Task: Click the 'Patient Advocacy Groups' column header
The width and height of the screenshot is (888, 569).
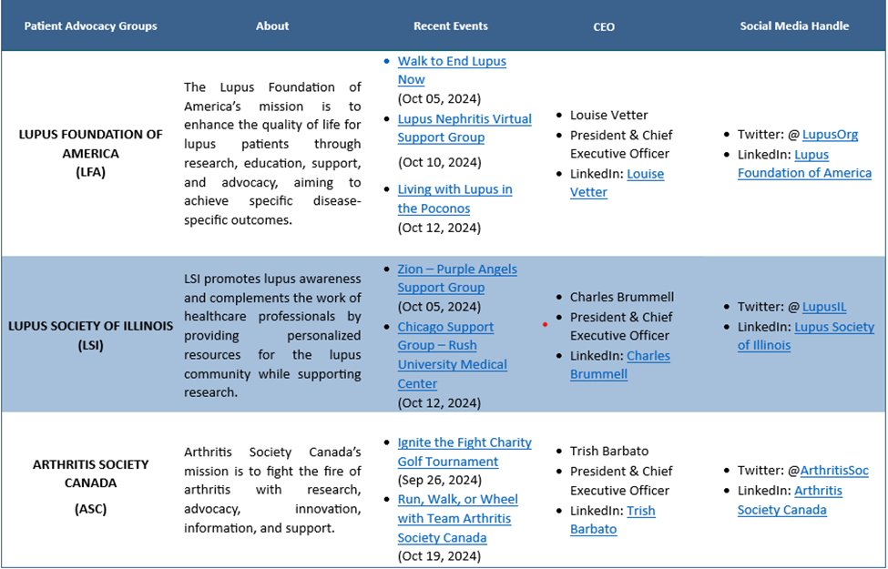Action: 90,25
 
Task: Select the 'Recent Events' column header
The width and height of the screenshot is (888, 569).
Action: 450,25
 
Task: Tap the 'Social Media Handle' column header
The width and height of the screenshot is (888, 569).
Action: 794,25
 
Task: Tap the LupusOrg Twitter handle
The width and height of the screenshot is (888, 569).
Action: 830,135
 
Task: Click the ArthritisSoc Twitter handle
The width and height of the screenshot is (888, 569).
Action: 834,471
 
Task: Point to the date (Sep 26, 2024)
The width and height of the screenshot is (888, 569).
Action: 439,481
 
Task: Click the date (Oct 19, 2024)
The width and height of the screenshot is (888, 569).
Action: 439,556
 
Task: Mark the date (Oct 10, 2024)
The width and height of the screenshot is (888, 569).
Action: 439,162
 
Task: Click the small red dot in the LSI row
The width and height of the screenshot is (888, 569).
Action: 545,324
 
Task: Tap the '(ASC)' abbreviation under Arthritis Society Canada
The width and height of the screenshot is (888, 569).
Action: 90,509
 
